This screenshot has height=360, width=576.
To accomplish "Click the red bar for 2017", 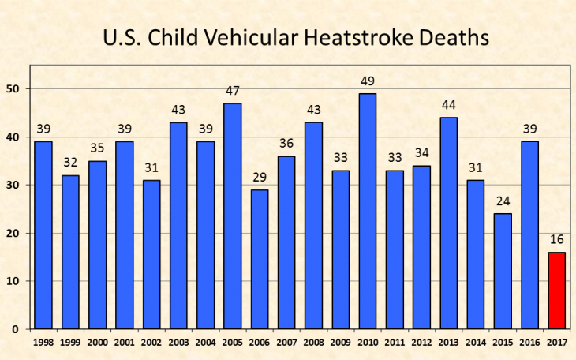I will coord(557,290).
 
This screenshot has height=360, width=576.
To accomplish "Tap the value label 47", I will coord(233,92).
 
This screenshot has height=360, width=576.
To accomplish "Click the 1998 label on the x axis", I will coord(43,342).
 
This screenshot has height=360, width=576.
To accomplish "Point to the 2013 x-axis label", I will coord(449,342).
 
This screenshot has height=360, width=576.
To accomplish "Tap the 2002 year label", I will coord(151,342).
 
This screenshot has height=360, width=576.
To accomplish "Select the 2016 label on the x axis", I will coord(530,342).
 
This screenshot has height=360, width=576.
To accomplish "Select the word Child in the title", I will coord(181,37).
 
